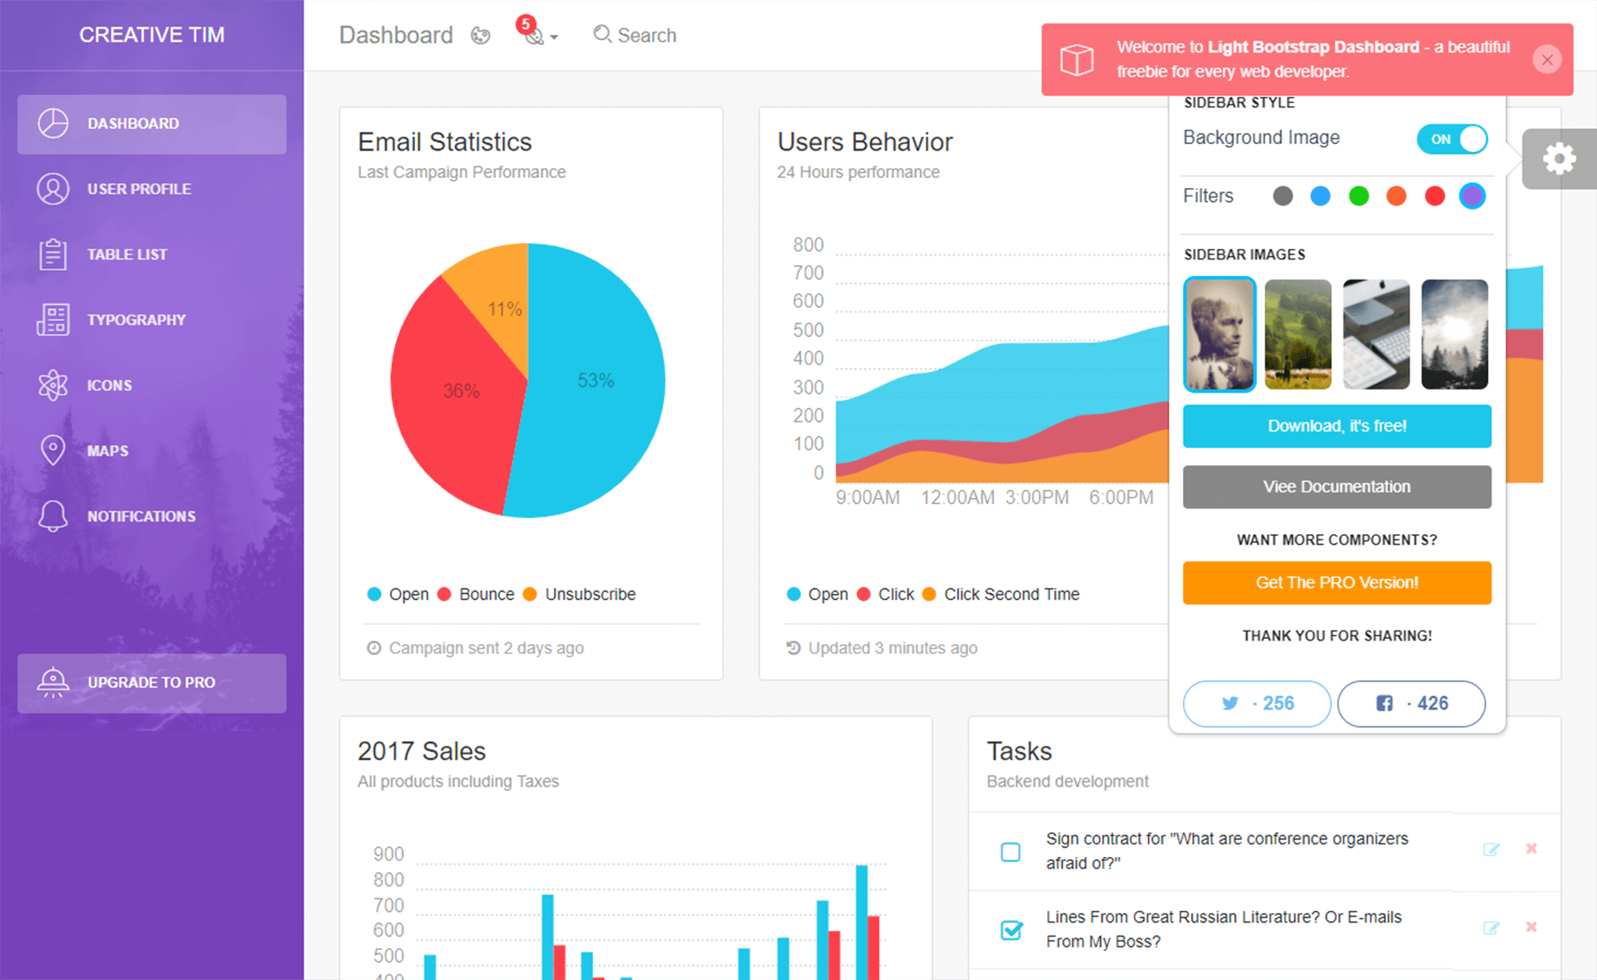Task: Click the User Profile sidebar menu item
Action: click(x=139, y=189)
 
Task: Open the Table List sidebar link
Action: click(x=126, y=255)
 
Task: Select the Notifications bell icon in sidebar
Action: click(x=53, y=516)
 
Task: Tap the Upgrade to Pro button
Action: click(x=151, y=682)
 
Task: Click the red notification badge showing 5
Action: click(x=526, y=24)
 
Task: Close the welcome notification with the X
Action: click(x=1547, y=60)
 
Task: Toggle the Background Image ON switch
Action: click(x=1452, y=139)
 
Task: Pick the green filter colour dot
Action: click(x=1358, y=196)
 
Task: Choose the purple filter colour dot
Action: click(x=1472, y=196)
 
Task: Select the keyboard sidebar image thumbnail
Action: click(x=1376, y=334)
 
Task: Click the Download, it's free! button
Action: click(x=1337, y=426)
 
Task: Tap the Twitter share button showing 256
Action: click(x=1257, y=703)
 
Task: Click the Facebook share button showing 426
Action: click(x=1411, y=703)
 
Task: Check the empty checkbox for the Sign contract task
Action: click(x=1011, y=852)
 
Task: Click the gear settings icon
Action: click(x=1559, y=159)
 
